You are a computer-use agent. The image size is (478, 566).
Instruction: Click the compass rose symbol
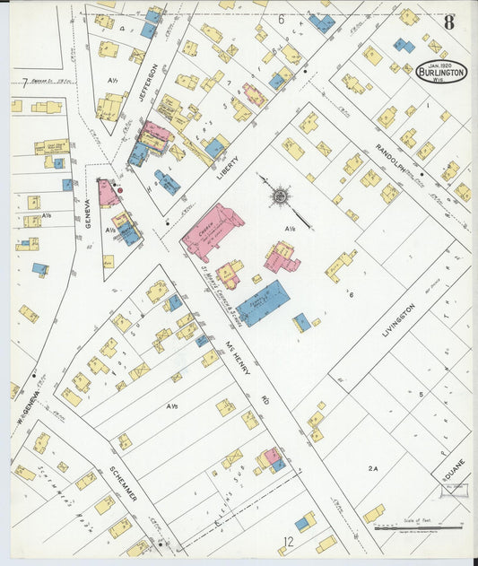coord(280,195)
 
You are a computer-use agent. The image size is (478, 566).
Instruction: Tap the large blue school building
coord(265,302)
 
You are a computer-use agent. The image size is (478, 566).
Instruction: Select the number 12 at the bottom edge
coord(288,541)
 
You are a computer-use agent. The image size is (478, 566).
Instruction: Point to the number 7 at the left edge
coord(24,83)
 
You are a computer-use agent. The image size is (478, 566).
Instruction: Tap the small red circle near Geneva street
coord(120,189)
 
